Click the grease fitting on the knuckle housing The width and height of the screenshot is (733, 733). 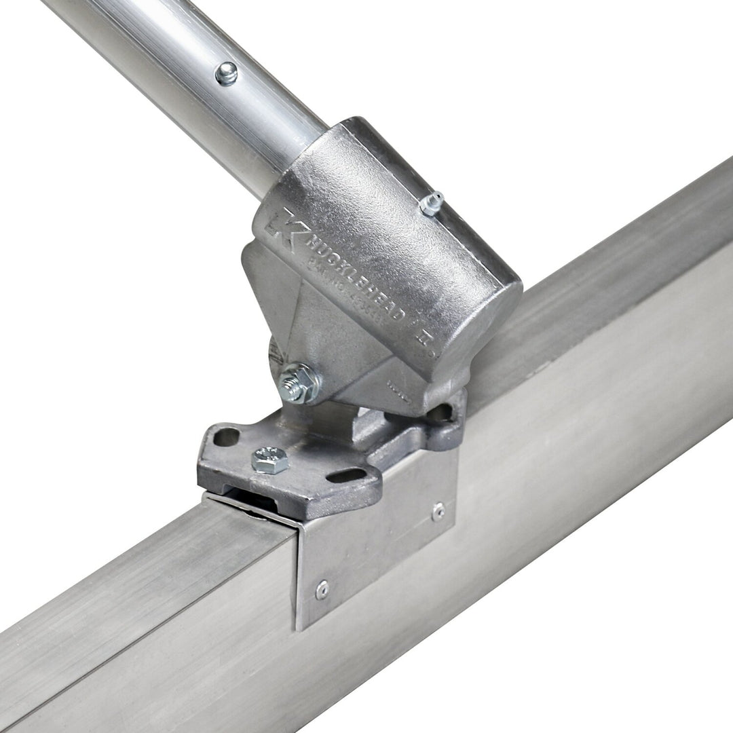[x=432, y=202]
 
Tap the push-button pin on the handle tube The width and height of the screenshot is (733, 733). [x=226, y=73]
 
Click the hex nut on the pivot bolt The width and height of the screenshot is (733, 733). [x=299, y=383]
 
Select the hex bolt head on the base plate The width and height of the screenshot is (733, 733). [x=269, y=459]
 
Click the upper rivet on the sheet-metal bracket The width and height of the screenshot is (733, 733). [x=438, y=511]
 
